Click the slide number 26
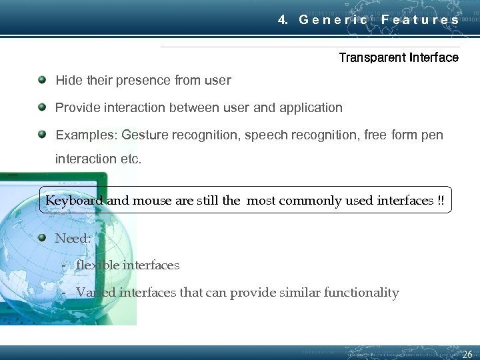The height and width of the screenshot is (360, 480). point(467,354)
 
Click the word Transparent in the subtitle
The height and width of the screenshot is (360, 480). point(372,57)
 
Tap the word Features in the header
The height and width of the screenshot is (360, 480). point(420,19)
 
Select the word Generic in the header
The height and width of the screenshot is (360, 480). point(333,19)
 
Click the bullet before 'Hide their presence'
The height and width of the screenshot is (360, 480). point(42,80)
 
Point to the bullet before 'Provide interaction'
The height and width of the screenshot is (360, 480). point(42,107)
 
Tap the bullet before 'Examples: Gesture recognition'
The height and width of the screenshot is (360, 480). point(42,134)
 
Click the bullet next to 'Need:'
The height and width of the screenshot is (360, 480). point(42,237)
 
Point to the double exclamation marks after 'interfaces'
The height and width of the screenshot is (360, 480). point(441,201)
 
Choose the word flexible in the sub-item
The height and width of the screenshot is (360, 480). point(97,265)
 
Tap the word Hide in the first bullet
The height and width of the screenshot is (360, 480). point(68,81)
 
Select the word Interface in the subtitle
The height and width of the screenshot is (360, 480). point(434,57)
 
